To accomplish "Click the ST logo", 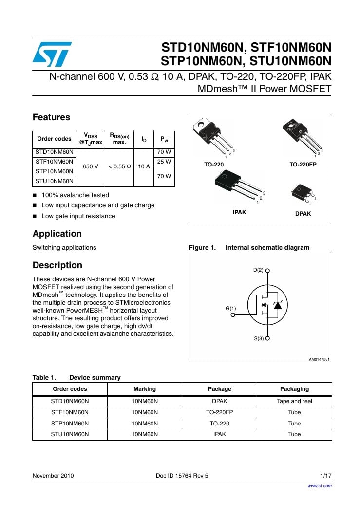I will click(x=52, y=54).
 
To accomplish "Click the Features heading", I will click(x=51, y=117).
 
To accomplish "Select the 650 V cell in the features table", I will click(x=91, y=166).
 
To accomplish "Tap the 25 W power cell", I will click(x=164, y=161).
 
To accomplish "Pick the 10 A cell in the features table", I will click(x=144, y=166).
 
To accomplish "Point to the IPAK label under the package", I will click(x=239, y=212).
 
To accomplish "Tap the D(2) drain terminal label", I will click(x=258, y=270).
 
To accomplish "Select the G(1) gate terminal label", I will click(x=230, y=308).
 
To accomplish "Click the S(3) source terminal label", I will click(x=258, y=338).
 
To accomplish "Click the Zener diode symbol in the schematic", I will click(x=278, y=305).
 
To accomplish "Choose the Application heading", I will click(x=57, y=234).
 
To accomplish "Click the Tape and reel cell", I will click(x=294, y=402).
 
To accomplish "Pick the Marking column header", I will click(x=145, y=389).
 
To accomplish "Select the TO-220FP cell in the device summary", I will click(x=219, y=412).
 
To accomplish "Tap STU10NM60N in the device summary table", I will click(x=70, y=434).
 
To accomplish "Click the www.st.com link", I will click(x=319, y=486).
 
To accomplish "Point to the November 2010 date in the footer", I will click(x=53, y=476).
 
